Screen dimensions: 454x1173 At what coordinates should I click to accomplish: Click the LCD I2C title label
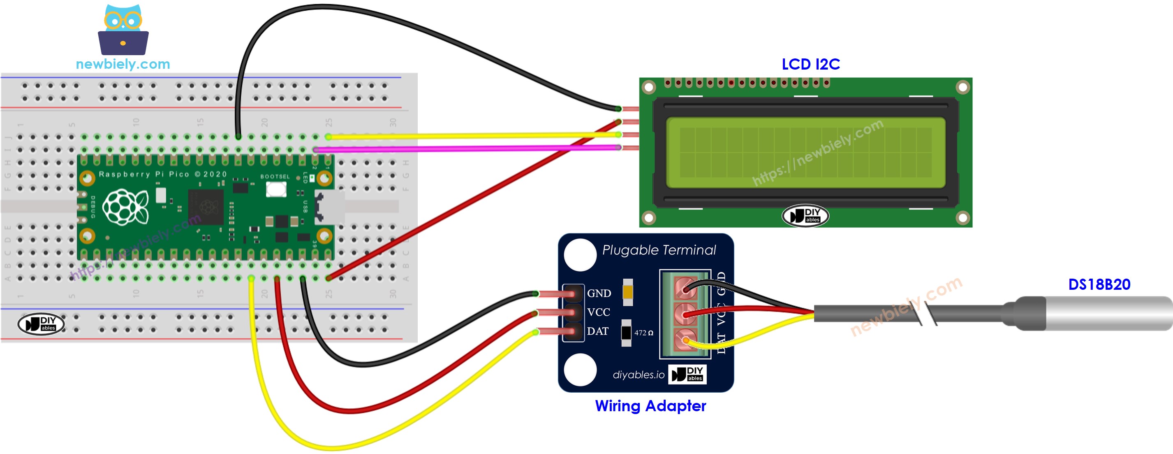(810, 64)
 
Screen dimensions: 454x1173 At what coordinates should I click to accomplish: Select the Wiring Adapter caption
(650, 406)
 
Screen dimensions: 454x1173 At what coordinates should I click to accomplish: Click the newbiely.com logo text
(123, 64)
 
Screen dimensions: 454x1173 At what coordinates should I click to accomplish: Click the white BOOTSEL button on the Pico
(276, 189)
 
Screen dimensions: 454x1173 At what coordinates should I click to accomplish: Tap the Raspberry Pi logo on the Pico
(125, 207)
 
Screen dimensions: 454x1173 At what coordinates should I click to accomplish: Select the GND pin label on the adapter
(599, 293)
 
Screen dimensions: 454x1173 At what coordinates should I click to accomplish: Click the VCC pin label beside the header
(598, 312)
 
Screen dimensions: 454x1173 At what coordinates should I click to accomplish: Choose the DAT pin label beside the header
(597, 331)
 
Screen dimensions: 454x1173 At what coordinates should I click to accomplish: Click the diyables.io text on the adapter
(639, 375)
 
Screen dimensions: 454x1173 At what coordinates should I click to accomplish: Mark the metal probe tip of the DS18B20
(1106, 313)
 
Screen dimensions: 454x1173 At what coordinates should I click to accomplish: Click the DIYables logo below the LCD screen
(805, 216)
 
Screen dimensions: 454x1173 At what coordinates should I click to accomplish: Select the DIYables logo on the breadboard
(41, 324)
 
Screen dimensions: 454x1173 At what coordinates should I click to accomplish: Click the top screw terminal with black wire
(685, 288)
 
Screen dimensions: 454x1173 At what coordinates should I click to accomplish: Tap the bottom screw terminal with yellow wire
(685, 340)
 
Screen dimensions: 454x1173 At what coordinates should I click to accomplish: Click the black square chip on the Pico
(206, 207)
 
